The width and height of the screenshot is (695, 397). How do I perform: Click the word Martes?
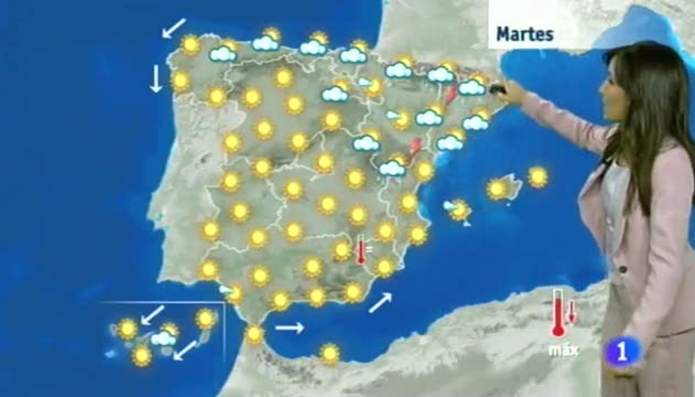click(525, 34)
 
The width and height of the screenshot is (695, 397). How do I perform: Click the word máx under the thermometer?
click(563, 350)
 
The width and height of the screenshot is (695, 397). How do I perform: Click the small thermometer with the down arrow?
click(572, 312)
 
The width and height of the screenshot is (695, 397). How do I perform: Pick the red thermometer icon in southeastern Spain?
click(361, 251)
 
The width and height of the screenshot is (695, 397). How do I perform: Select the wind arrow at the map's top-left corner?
click(174, 27)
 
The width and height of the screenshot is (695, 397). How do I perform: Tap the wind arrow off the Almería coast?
click(380, 303)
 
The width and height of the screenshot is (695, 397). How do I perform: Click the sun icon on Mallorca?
click(497, 189)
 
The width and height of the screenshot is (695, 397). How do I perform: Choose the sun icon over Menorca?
click(538, 177)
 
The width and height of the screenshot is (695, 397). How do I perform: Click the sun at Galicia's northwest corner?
click(190, 45)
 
